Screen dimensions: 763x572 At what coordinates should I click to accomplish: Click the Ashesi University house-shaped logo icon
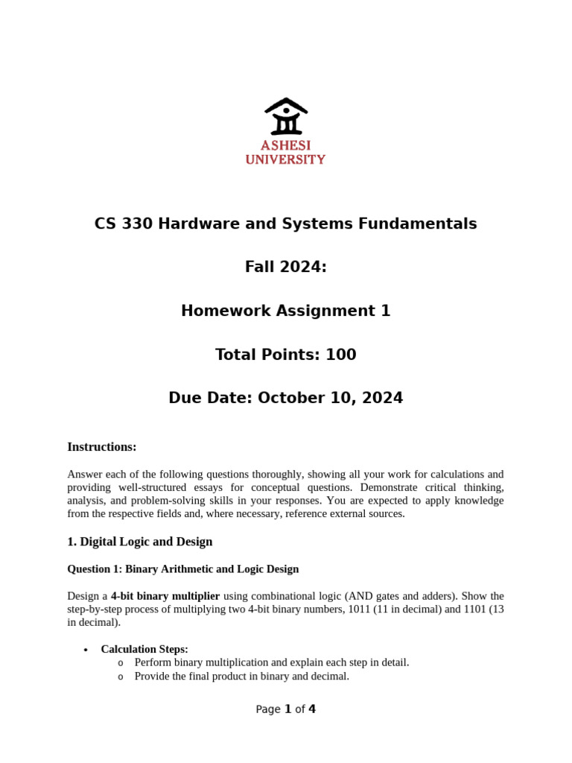coord(286,116)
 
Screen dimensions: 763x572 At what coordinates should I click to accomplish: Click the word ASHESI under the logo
coord(285,145)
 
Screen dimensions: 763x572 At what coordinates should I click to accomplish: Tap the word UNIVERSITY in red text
coord(285,159)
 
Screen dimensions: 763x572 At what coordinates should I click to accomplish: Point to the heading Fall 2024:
coord(285,267)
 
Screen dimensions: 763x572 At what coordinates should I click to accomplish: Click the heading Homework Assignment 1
coord(285,311)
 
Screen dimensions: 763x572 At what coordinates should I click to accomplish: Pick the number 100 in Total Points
coord(340,355)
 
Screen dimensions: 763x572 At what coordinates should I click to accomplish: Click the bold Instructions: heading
coord(102,447)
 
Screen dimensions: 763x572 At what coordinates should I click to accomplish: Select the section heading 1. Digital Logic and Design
coord(140,542)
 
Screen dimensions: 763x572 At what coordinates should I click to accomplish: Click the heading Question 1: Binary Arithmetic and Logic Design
coord(183,569)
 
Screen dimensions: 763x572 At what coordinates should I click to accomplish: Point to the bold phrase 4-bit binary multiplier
coord(165,596)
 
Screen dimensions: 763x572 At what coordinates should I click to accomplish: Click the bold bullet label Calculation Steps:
coord(144,649)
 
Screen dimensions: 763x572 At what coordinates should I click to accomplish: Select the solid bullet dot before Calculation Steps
coord(86,650)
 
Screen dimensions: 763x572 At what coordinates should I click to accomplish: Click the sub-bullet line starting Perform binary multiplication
coord(272,662)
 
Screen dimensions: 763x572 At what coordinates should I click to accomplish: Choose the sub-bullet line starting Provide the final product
coord(241,676)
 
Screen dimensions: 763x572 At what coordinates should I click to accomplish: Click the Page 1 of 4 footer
coord(285,709)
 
